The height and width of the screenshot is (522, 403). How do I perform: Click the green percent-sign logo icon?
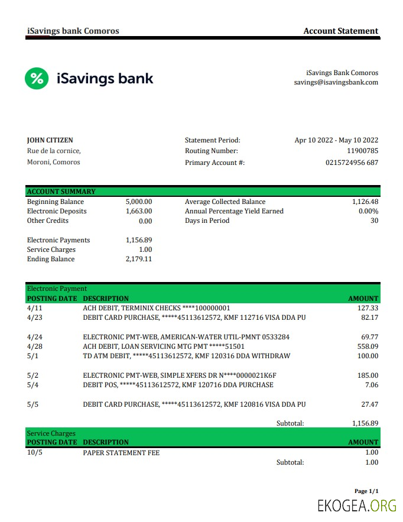[37, 78]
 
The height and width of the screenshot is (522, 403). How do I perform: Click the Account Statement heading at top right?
[340, 31]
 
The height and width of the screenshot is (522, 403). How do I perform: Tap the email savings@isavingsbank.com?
[336, 83]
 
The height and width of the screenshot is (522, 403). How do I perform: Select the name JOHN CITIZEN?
[50, 140]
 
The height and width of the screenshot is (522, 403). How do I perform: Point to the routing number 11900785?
[362, 151]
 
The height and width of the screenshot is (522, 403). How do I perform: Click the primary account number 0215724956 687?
[352, 163]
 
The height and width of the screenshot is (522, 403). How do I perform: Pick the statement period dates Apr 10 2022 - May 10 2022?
[336, 140]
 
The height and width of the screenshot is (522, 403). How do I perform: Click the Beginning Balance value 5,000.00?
[139, 202]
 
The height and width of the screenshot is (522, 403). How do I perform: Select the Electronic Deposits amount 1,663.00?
[139, 211]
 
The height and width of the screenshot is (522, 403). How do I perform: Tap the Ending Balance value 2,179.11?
[139, 259]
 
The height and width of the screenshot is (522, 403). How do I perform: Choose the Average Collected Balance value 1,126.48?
[365, 202]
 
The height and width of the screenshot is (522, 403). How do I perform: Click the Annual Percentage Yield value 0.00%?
[368, 211]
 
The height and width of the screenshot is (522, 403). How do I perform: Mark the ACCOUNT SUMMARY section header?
[61, 192]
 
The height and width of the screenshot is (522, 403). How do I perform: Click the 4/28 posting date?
[35, 346]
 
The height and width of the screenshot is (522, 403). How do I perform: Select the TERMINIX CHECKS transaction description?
[157, 308]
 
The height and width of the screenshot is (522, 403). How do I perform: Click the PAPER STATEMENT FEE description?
[121, 453]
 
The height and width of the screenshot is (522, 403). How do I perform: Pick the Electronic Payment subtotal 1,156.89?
[365, 423]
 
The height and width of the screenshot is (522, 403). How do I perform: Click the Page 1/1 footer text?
[366, 491]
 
